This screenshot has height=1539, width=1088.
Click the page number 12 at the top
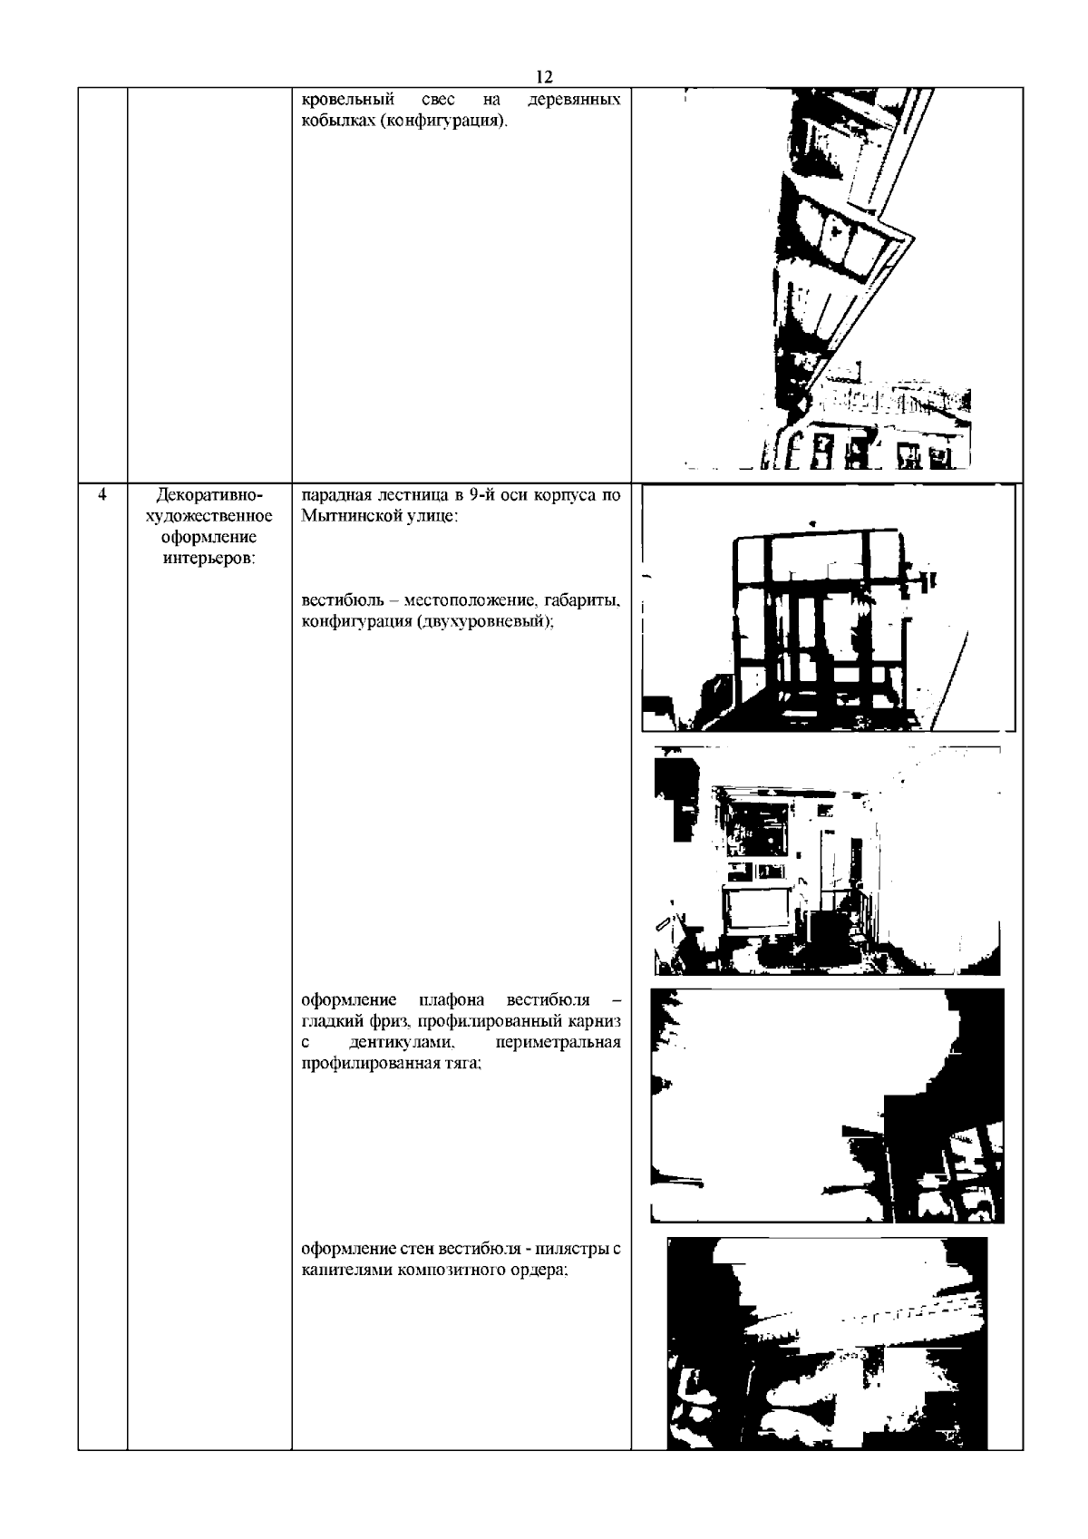click(544, 76)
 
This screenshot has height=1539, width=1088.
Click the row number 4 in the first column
click(102, 494)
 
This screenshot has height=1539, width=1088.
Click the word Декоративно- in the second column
click(209, 494)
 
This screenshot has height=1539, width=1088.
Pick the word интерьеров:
click(209, 558)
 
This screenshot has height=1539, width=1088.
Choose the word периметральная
click(558, 1042)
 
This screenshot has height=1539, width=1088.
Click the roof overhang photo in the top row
click(828, 279)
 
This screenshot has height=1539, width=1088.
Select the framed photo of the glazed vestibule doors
click(829, 608)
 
